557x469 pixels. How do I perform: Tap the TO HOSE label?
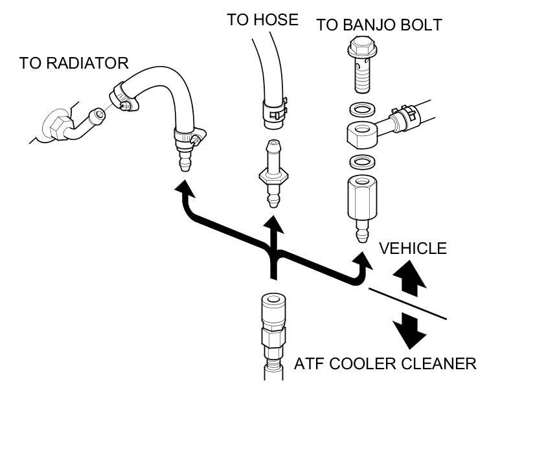(x=262, y=20)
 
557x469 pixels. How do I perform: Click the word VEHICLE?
(x=413, y=248)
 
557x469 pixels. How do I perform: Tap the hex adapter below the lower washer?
(x=361, y=197)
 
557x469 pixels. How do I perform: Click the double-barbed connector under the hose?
(x=273, y=172)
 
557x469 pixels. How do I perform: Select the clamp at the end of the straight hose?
(x=275, y=109)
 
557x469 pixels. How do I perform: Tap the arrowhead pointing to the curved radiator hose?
(x=185, y=189)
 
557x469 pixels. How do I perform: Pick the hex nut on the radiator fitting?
(x=53, y=125)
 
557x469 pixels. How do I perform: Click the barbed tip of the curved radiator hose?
(x=186, y=159)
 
